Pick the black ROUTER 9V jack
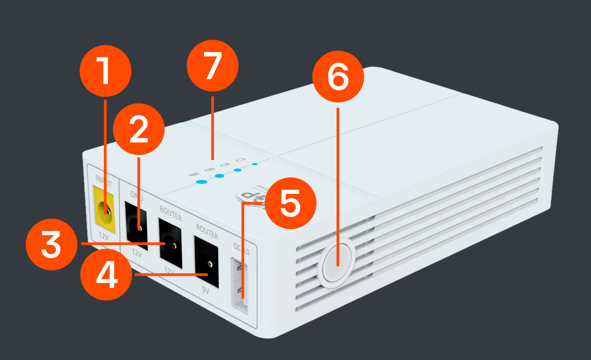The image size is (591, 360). click(206, 262)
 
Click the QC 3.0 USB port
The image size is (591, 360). click(240, 286)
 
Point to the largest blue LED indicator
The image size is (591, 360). click(201, 182)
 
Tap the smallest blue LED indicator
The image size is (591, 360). click(255, 165)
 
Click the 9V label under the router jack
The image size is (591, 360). click(206, 291)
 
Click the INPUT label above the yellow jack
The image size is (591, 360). click(103, 178)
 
